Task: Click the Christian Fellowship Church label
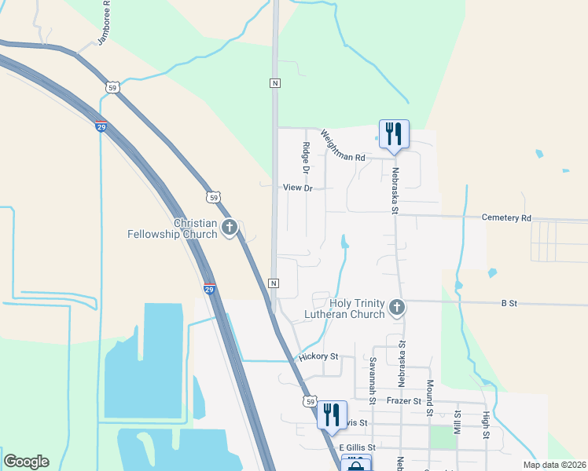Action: (174, 228)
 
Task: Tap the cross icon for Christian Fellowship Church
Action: (230, 228)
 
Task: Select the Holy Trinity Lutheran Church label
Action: (345, 308)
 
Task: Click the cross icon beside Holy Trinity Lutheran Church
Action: (398, 308)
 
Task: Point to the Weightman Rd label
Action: (343, 146)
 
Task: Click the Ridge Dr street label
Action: (307, 159)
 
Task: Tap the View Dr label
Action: (299, 188)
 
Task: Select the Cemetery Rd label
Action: (506, 217)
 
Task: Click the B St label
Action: (509, 302)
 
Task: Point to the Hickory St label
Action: (318, 356)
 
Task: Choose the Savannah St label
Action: (373, 377)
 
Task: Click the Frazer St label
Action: (406, 400)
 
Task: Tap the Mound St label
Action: (430, 398)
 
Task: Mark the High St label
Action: (487, 425)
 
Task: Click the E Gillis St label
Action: (358, 447)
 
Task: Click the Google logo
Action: (26, 462)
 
